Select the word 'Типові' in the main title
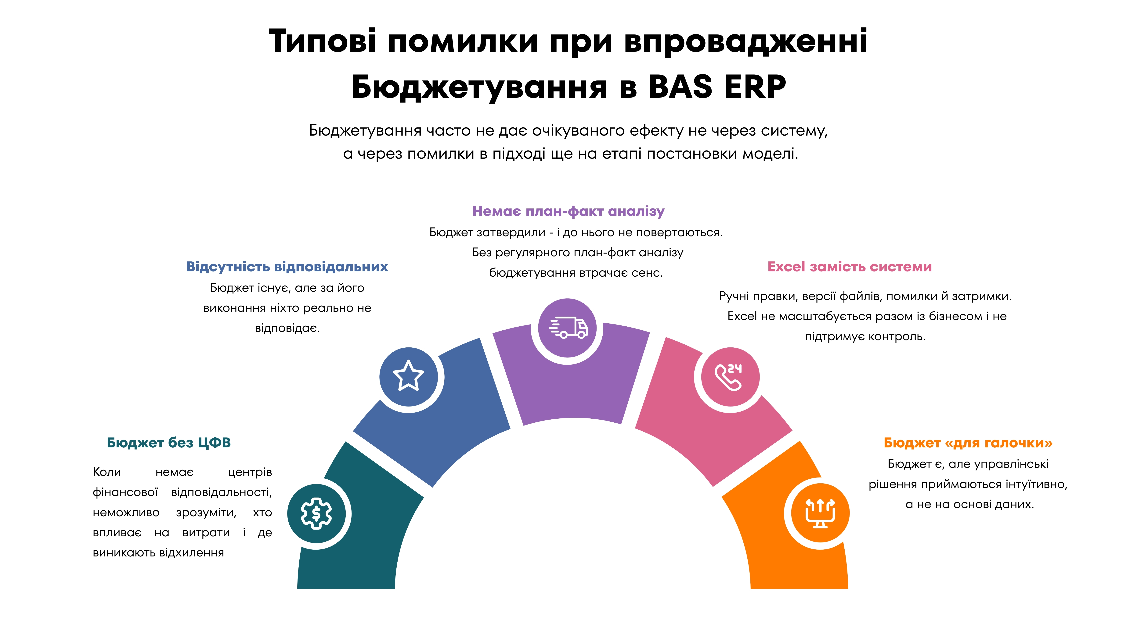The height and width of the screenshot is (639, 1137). [x=323, y=41]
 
